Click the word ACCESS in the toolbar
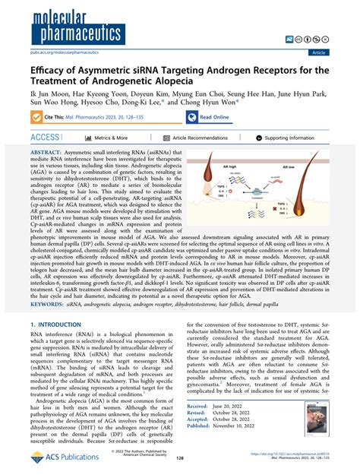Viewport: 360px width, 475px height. (x=43, y=138)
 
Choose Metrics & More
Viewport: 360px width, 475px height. (x=110, y=138)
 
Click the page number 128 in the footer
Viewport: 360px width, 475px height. (x=180, y=459)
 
